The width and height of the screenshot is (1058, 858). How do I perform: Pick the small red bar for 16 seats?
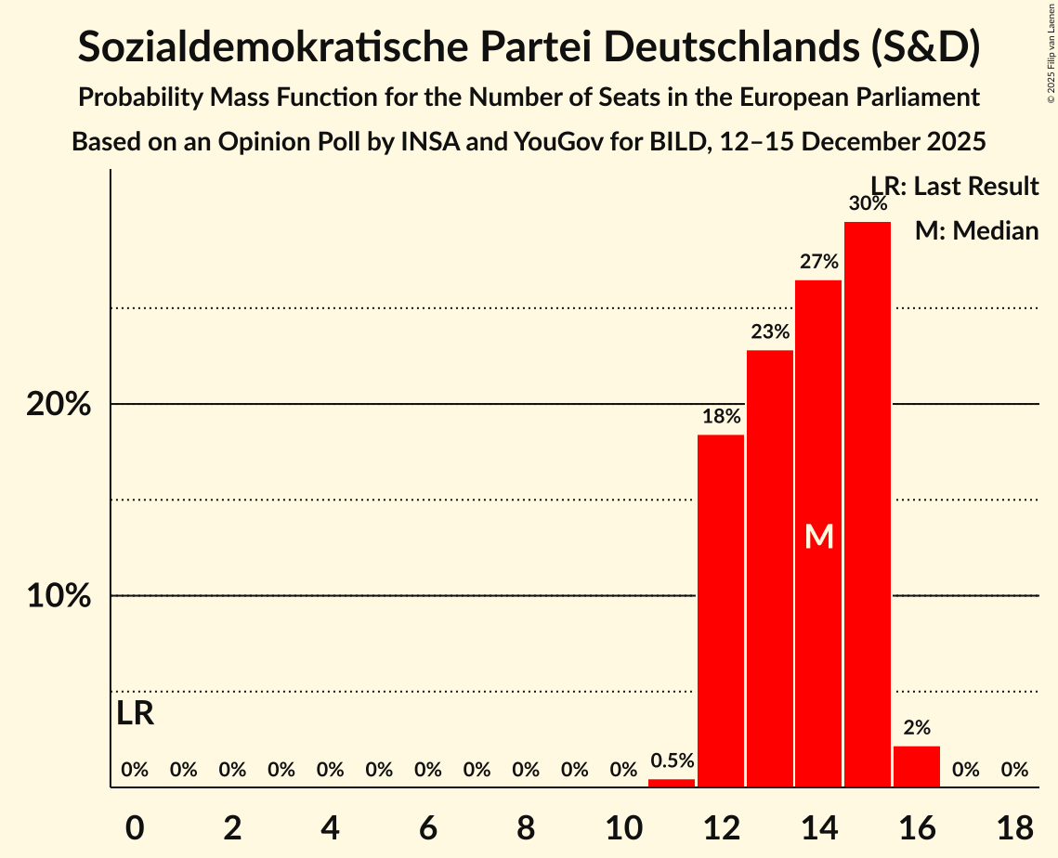[916, 766]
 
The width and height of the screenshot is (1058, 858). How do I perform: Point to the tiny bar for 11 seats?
[672, 783]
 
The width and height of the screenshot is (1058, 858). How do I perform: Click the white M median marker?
[818, 537]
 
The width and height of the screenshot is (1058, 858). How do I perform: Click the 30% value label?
[867, 203]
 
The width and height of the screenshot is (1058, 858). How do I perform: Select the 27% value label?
[818, 262]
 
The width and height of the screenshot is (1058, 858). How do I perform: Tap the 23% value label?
[769, 331]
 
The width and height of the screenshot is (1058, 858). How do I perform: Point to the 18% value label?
[721, 416]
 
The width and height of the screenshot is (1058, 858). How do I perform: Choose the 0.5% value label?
[672, 760]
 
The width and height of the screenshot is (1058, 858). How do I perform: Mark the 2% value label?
[916, 728]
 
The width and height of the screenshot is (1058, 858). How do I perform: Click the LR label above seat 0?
[136, 714]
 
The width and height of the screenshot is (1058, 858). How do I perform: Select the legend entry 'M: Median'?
[976, 230]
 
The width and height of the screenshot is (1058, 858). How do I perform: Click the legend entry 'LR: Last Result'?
[955, 187]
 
